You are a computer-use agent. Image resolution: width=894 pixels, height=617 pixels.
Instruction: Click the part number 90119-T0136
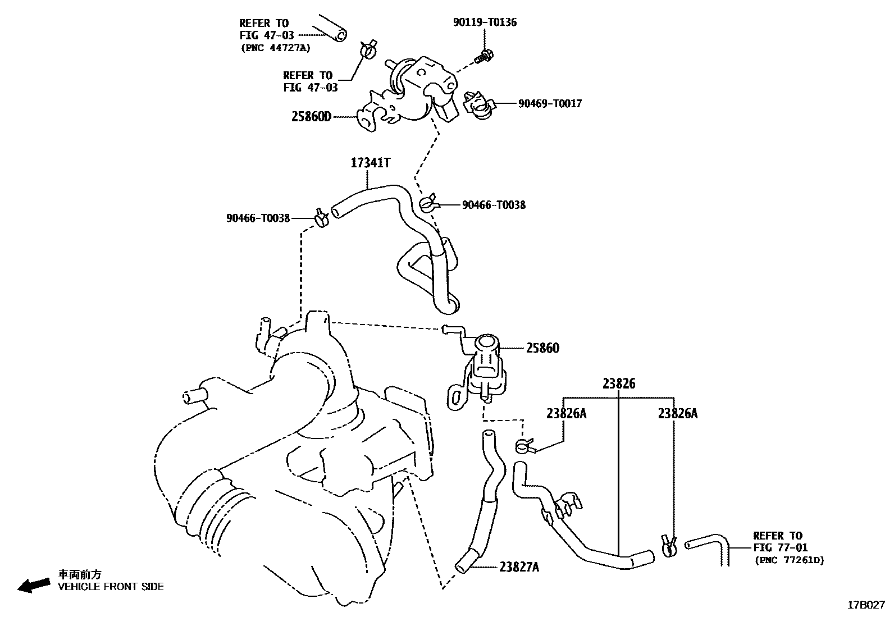click(x=485, y=22)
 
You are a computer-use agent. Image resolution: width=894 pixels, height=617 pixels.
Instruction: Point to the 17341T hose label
click(x=370, y=163)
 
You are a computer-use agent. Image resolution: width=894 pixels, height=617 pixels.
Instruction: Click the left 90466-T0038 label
click(x=258, y=218)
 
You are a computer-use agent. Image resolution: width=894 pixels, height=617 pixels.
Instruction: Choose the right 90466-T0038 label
click(x=494, y=205)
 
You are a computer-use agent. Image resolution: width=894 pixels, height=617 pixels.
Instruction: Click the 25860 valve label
click(x=542, y=348)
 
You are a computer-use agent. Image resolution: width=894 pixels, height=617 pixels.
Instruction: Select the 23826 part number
click(x=619, y=383)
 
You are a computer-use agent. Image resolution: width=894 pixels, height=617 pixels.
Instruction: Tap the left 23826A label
click(x=566, y=413)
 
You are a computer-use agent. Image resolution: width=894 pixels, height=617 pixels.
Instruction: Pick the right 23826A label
click(x=678, y=413)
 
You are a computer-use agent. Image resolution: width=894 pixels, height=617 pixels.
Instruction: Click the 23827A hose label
click(x=519, y=567)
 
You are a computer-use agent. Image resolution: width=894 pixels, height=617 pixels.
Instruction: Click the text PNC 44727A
click(x=276, y=48)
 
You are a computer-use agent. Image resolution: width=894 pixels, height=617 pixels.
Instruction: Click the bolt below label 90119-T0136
click(x=484, y=56)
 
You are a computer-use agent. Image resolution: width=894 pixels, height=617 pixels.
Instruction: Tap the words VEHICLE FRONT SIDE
click(x=111, y=587)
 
